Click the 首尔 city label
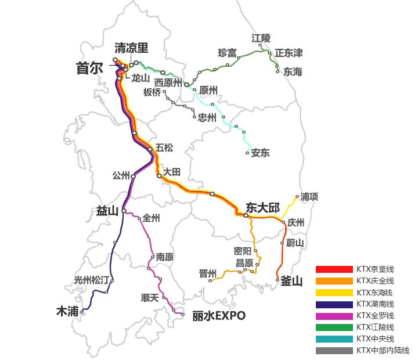click(89, 69)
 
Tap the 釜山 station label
click(291, 281)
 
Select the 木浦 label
click(67, 311)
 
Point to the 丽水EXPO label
click(219, 316)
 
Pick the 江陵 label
click(261, 38)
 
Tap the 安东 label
click(260, 153)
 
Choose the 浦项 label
click(309, 197)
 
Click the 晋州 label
click(207, 273)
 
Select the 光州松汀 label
click(91, 280)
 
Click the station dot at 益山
click(124, 211)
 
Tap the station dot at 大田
click(159, 175)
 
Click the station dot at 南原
click(153, 256)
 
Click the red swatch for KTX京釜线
click(334, 269)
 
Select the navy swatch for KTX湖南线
click(334, 304)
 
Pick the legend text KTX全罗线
click(375, 316)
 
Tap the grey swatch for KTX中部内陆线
click(334, 351)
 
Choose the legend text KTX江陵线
click(375, 327)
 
